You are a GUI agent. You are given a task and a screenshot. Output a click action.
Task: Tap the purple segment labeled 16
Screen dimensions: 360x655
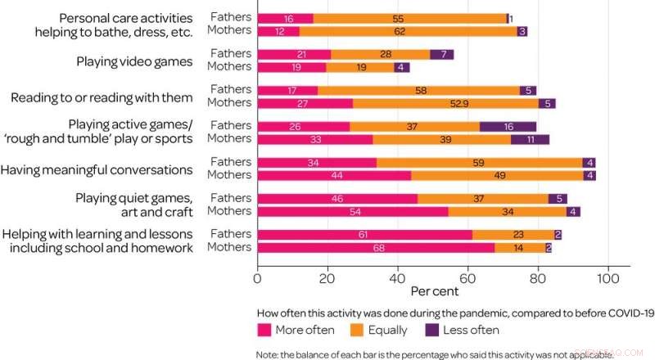coord(508,126)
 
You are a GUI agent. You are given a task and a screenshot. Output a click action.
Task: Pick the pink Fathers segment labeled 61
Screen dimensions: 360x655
coord(364,235)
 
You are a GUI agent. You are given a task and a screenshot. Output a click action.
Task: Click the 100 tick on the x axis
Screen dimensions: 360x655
coord(608,278)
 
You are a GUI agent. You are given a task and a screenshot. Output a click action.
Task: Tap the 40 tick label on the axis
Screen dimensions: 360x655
coord(398,278)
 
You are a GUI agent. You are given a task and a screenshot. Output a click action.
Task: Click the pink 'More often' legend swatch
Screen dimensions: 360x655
coord(264,330)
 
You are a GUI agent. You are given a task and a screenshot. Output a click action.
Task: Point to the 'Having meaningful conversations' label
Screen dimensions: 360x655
coord(97,169)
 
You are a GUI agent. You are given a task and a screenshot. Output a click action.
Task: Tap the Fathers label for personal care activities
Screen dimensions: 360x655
coord(231,17)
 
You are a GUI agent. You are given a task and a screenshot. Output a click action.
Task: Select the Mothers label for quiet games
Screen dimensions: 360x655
coord(230,211)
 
